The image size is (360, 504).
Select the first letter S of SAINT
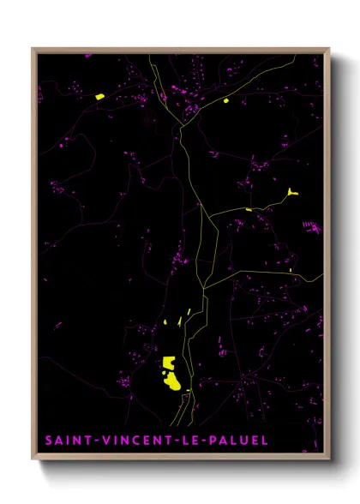[48, 441]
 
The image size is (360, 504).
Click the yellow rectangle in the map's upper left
[99, 97]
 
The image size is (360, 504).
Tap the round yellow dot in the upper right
[226, 100]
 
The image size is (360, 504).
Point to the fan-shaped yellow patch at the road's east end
[292, 193]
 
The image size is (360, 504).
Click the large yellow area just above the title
[171, 373]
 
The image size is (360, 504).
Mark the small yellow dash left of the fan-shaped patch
[249, 209]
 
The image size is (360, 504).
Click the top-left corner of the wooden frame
[33, 48]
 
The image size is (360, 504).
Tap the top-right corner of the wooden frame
[329, 48]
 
